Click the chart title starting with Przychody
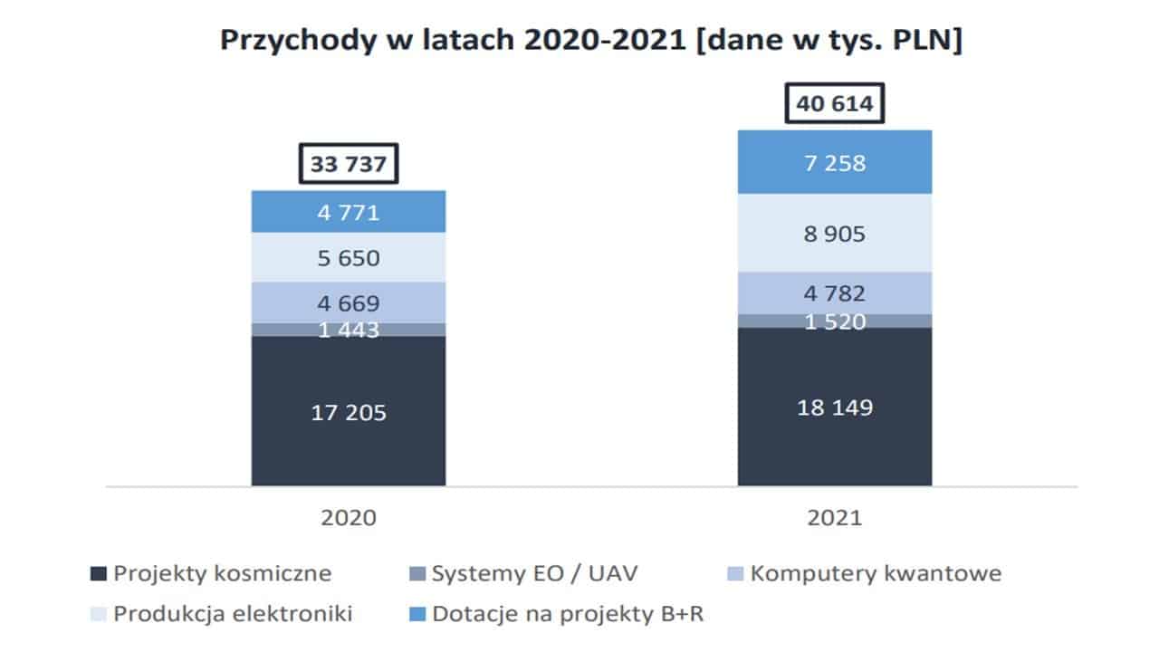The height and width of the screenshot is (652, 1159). click(x=579, y=42)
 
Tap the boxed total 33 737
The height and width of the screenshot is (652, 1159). click(x=349, y=164)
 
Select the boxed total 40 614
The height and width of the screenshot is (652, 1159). click(x=834, y=104)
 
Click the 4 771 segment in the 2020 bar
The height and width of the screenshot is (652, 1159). click(x=349, y=212)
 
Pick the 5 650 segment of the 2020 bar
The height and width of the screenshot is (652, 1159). click(x=349, y=258)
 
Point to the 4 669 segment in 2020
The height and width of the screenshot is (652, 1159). click(x=349, y=302)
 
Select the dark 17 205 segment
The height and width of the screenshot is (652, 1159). click(x=349, y=412)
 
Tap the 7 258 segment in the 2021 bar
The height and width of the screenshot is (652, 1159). click(x=834, y=163)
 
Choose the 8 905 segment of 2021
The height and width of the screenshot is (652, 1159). click(x=834, y=234)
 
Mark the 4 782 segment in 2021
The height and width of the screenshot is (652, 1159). click(x=834, y=292)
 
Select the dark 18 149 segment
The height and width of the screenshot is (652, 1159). click(x=834, y=407)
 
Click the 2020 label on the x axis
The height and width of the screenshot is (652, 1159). click(x=349, y=519)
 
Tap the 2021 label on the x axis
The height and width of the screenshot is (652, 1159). click(x=834, y=519)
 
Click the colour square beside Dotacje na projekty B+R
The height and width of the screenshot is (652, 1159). click(x=417, y=615)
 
